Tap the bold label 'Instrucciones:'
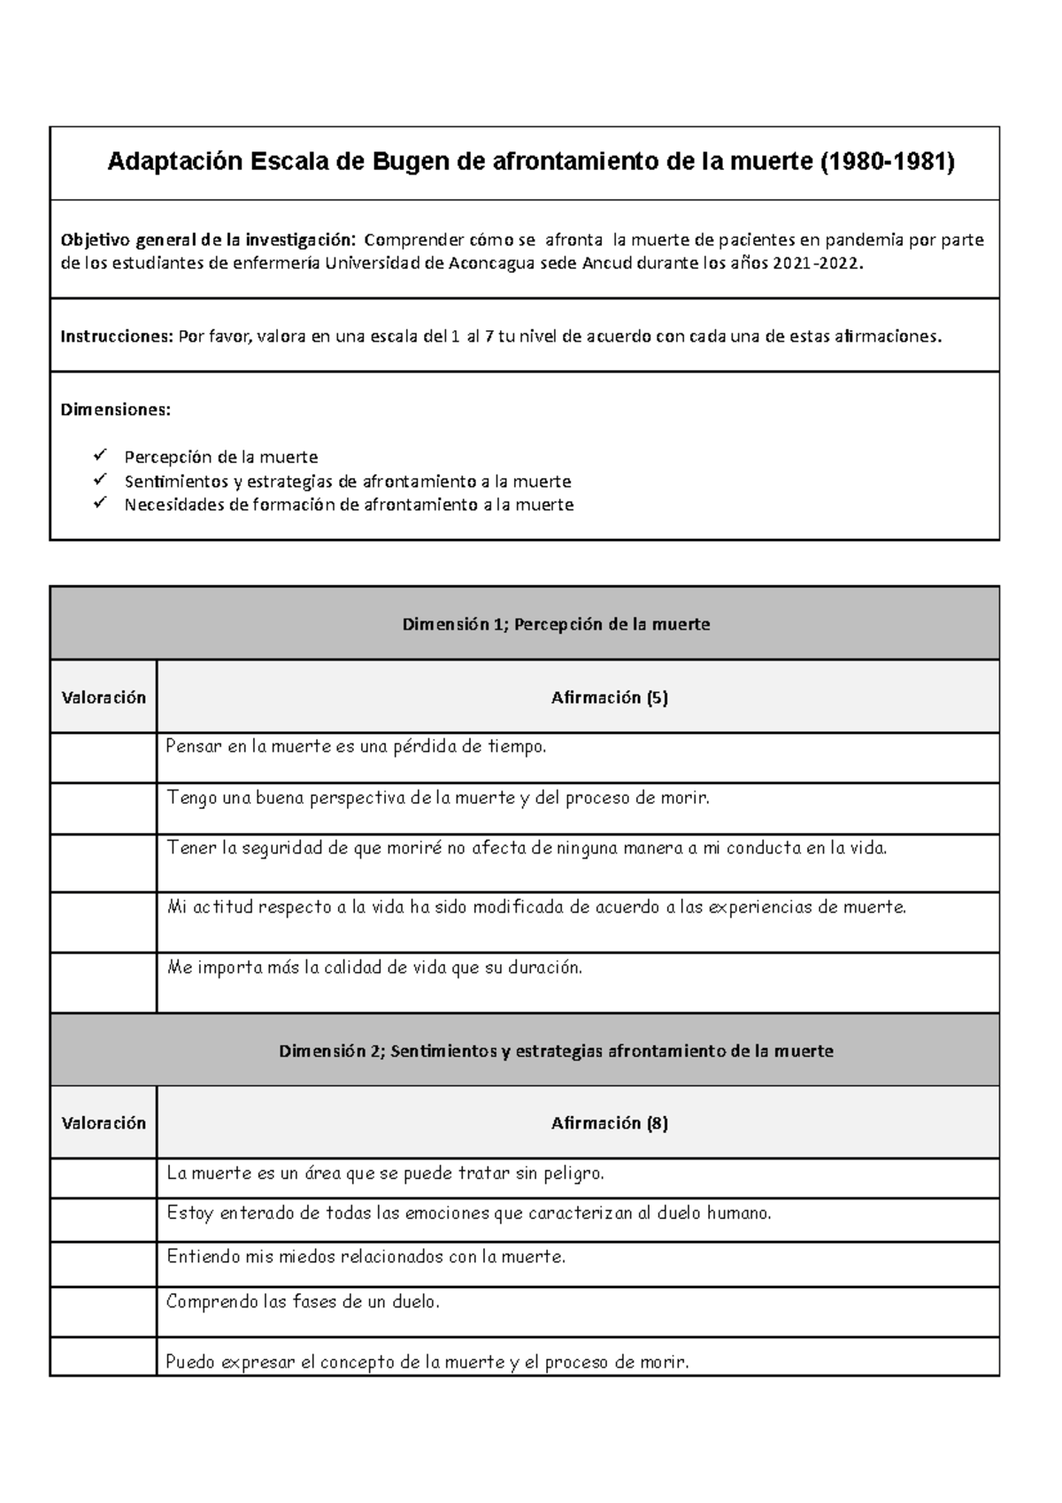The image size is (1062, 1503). pos(116,336)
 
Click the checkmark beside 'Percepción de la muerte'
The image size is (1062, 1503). pos(98,456)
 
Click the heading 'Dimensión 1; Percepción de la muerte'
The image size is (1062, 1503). pos(556,624)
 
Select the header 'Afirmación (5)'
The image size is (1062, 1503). pos(609,698)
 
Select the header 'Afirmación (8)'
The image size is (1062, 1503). pos(609,1123)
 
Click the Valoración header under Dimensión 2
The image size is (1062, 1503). pos(104,1123)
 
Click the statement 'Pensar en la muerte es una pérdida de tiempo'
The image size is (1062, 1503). pos(357,746)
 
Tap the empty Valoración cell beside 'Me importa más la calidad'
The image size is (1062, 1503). pos(104,983)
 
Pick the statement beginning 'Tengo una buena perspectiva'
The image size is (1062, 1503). pos(438,798)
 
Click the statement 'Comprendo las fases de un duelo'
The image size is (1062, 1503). pos(303,1302)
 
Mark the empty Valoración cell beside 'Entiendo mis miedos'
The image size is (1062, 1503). pos(104,1264)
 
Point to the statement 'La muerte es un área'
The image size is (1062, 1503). pos(385,1174)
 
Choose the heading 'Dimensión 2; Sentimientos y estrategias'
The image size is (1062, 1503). pos(556,1051)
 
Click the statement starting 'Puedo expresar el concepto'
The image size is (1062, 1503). pos(427,1361)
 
